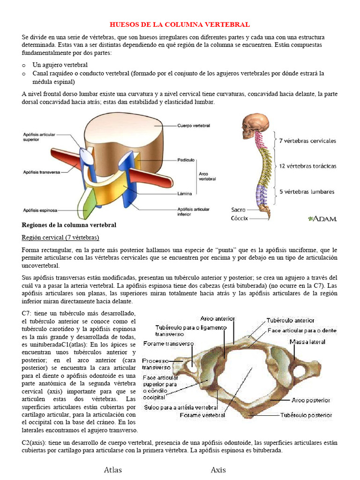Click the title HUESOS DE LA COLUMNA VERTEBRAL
(180, 24)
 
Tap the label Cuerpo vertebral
(194, 126)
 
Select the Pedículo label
(186, 160)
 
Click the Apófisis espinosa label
(40, 210)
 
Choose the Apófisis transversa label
(42, 172)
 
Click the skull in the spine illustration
(255, 125)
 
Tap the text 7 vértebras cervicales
(307, 141)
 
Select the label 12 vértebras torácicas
(307, 166)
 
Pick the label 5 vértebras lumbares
(307, 191)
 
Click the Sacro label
(239, 210)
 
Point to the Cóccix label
(239, 218)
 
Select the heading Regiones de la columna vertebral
(69, 225)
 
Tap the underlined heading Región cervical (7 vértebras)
(60, 237)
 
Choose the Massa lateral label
(307, 342)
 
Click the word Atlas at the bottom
(113, 470)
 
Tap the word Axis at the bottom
(218, 470)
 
